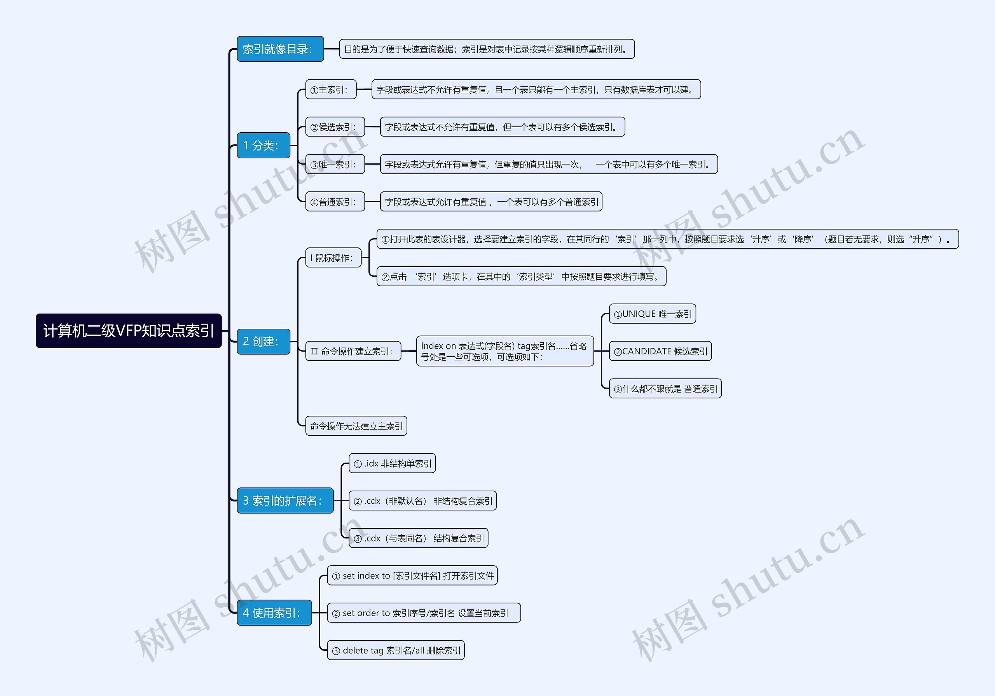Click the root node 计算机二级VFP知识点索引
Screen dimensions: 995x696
(x=129, y=330)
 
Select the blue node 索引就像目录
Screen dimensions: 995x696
(x=280, y=49)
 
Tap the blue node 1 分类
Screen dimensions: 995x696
(x=263, y=145)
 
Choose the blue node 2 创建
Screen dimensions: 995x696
(x=263, y=342)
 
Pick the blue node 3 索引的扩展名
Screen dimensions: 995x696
(x=285, y=500)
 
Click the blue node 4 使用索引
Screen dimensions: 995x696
(x=274, y=613)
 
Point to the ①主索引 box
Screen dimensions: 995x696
(x=331, y=89)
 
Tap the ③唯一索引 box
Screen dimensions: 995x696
(x=335, y=164)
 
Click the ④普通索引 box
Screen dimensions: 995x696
(x=335, y=202)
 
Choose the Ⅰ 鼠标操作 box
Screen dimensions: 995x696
(x=333, y=258)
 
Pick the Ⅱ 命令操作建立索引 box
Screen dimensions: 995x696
(x=353, y=351)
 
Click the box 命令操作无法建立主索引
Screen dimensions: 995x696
(x=356, y=426)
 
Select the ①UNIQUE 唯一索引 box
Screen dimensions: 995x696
(x=652, y=314)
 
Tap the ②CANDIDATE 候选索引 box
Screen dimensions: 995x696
(x=660, y=351)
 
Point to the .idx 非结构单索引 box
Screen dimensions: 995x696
(x=392, y=463)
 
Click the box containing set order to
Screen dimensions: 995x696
(x=424, y=613)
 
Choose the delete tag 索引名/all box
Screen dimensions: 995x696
(x=396, y=650)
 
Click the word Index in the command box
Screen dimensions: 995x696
(x=432, y=346)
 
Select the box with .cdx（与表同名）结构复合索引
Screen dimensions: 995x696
(x=418, y=538)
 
